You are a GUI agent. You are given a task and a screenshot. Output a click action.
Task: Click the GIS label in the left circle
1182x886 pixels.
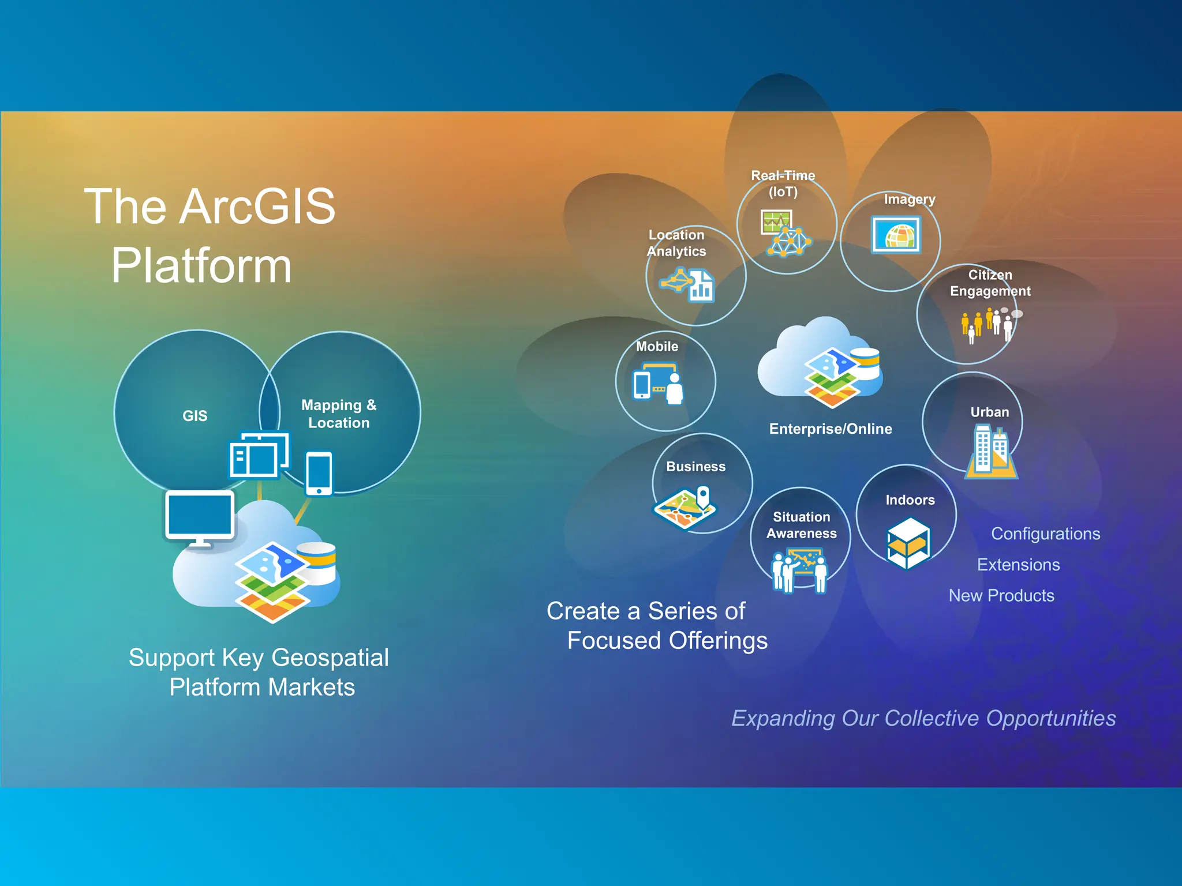point(194,416)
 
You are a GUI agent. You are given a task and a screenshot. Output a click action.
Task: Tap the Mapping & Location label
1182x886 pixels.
point(339,414)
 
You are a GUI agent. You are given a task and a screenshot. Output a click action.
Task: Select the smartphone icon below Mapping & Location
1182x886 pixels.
point(319,473)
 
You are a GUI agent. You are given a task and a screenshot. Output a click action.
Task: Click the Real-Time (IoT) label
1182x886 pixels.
point(783,183)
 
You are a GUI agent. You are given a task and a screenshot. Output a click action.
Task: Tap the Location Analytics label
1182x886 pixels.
point(676,243)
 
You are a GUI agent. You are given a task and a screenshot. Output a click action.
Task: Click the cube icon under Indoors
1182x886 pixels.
point(908,543)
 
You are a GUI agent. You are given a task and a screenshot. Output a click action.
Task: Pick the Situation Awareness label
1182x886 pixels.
point(801,525)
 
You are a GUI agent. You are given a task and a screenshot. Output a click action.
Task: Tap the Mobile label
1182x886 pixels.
point(657,346)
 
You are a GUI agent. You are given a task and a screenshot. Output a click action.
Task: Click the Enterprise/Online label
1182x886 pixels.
point(830,429)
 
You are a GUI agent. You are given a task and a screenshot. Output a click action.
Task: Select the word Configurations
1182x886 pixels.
point(1045,534)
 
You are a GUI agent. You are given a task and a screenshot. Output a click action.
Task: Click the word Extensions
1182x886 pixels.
point(1018,565)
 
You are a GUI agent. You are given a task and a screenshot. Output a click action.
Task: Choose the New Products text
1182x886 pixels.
point(1001,595)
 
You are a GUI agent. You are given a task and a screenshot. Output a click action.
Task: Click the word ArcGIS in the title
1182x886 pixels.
point(257,207)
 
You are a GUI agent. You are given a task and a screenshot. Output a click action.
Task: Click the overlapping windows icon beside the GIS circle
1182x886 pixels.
point(259,455)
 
